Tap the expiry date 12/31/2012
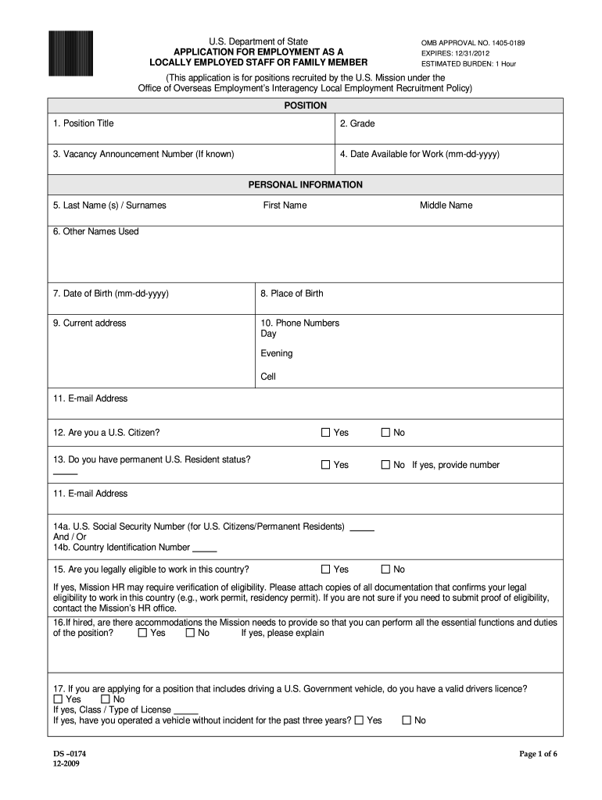point(468,52)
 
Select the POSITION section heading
point(305,105)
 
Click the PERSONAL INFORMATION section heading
point(305,185)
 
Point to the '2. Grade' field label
point(357,123)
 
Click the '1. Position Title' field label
point(83,123)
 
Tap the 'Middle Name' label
point(446,205)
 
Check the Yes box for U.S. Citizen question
point(326,433)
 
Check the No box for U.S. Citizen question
point(385,433)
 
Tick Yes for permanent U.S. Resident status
point(326,465)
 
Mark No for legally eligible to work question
point(385,570)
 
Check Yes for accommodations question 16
point(142,633)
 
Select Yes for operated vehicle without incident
point(359,720)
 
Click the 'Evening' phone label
point(277,353)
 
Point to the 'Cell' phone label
point(268,376)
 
